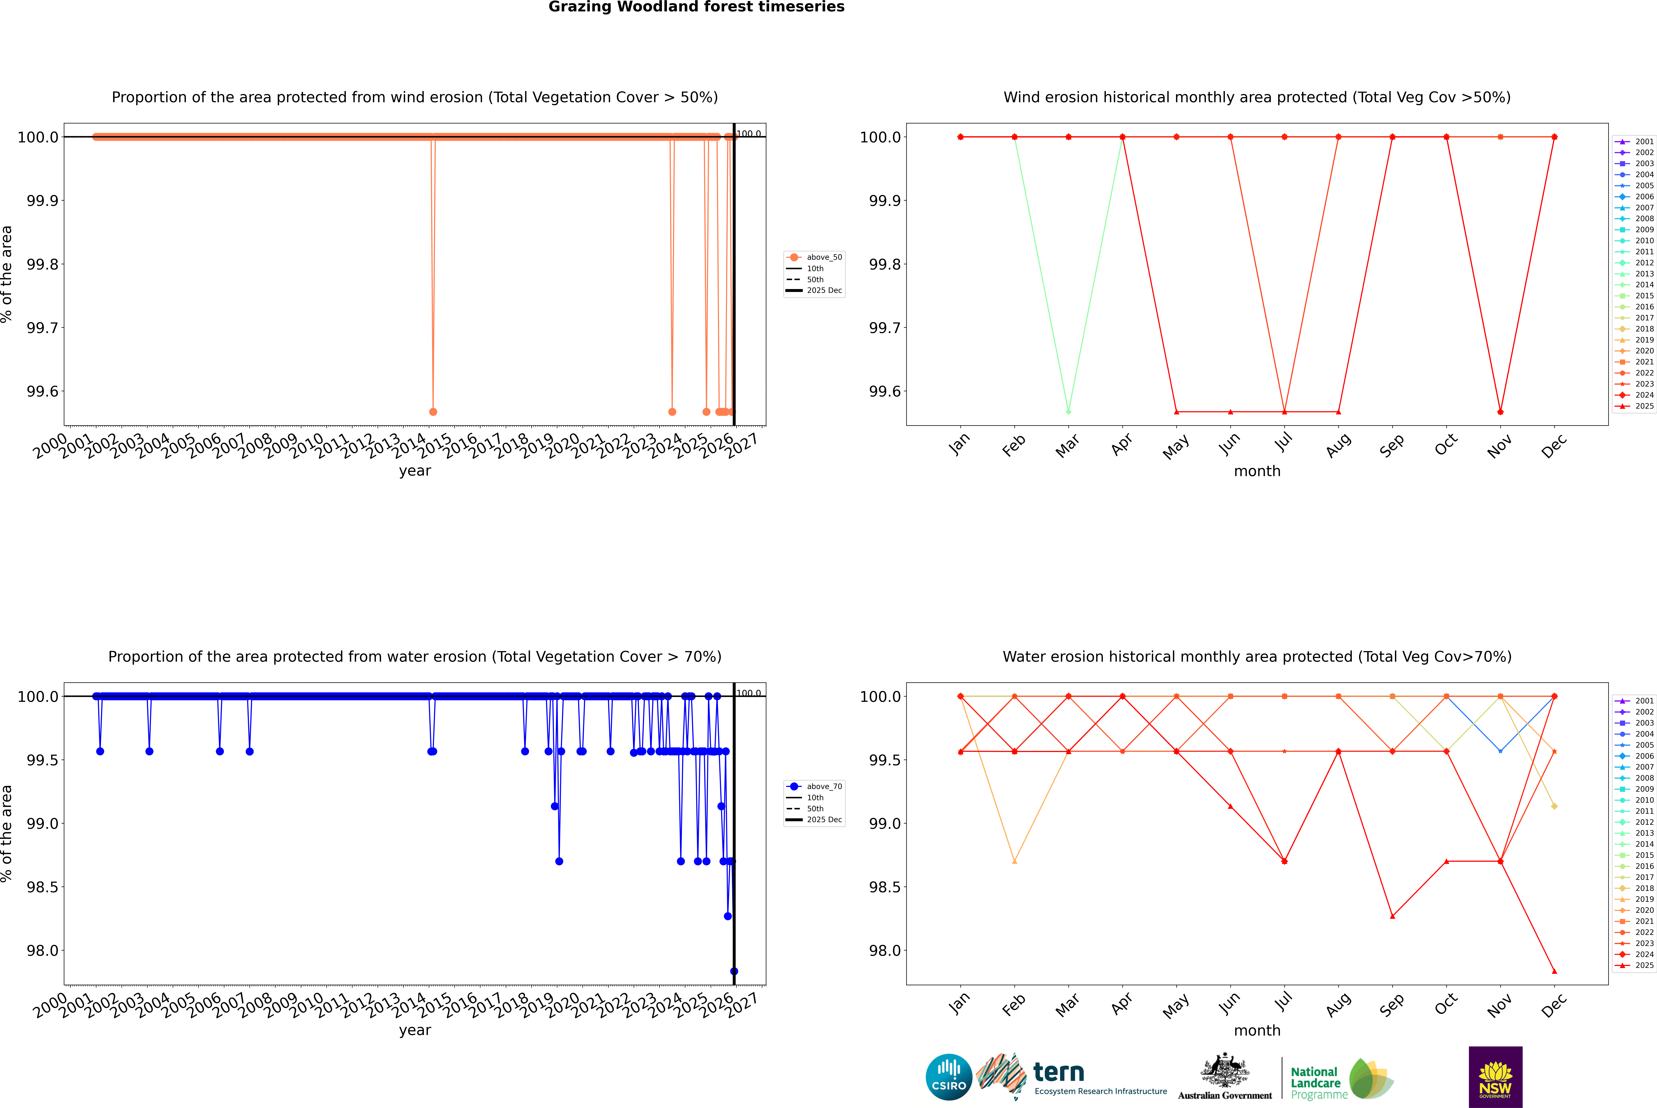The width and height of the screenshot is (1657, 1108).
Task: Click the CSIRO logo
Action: tap(949, 1077)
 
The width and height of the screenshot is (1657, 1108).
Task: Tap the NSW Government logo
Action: tap(1495, 1077)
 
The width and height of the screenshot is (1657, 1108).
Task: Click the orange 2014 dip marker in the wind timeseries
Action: tap(433, 411)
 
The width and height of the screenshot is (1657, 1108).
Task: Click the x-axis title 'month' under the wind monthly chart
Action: tap(1256, 471)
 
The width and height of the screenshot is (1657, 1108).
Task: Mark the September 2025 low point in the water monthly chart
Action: tap(1392, 916)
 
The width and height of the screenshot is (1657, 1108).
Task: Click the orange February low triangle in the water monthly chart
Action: tap(1014, 861)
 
